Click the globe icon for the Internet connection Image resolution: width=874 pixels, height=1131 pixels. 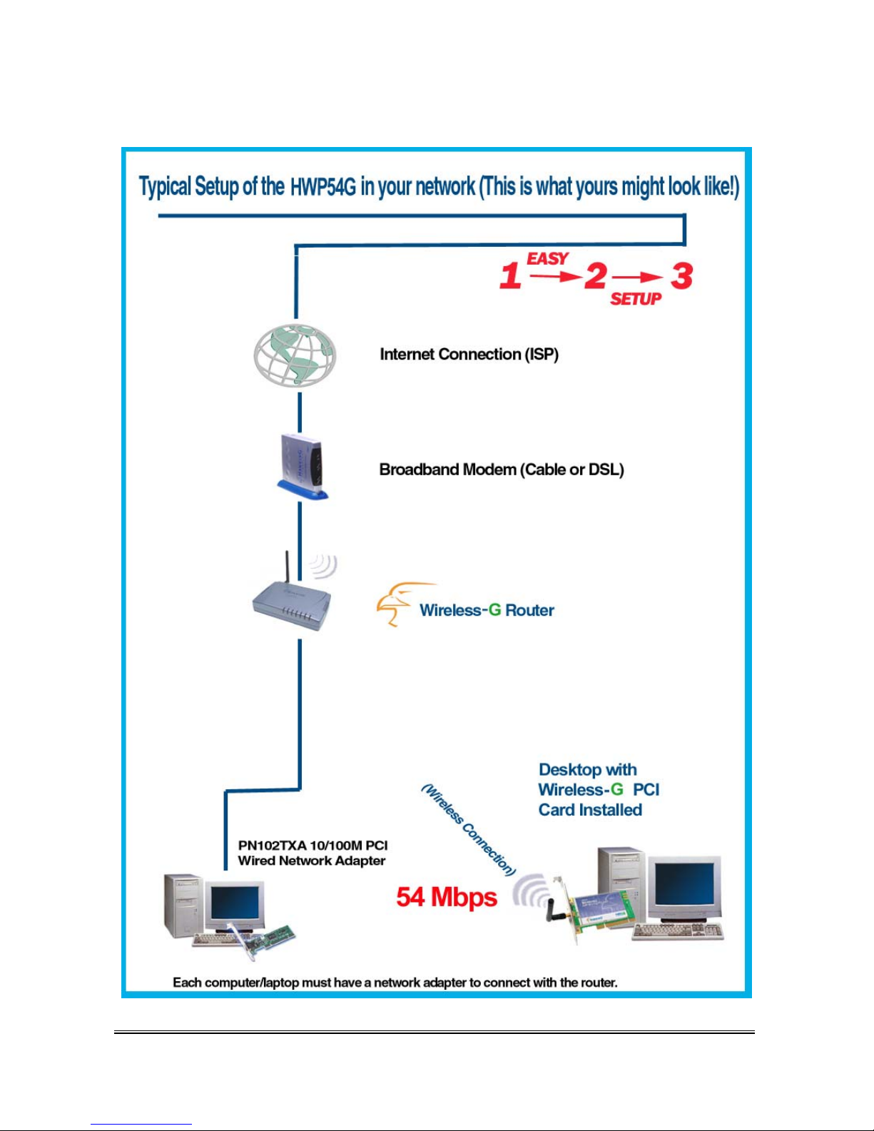tap(295, 355)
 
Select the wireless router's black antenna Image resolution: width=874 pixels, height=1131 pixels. tap(287, 572)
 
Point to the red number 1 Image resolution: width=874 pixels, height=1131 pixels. tap(510, 275)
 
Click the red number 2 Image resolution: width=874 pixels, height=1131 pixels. tap(595, 275)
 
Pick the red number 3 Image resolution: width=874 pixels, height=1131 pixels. tap(681, 275)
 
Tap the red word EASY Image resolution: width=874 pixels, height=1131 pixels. tap(547, 258)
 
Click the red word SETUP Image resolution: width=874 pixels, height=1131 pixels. tap(636, 299)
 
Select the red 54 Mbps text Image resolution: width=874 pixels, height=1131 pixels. tap(447, 897)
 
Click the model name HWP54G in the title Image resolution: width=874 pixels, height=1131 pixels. tap(323, 188)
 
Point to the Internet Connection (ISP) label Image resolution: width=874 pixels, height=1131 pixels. tap(469, 355)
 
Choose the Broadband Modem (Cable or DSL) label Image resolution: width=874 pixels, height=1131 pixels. tap(502, 470)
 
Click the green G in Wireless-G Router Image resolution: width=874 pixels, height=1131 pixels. tap(494, 610)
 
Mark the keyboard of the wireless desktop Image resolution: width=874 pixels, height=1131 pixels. tap(677, 931)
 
